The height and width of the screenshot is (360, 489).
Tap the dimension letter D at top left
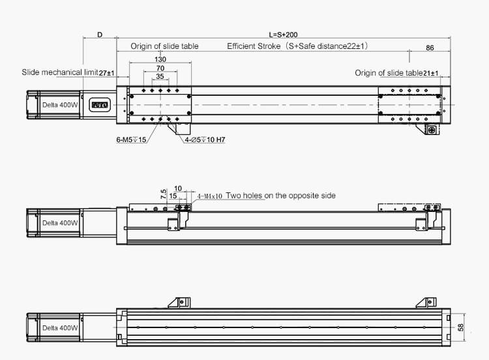point(100,34)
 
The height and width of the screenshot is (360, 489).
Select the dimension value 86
point(430,48)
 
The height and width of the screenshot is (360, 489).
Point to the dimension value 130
point(160,59)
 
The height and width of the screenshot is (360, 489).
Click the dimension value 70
point(160,68)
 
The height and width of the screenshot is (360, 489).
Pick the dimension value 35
point(160,76)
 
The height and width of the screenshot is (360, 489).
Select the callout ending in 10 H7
point(205,140)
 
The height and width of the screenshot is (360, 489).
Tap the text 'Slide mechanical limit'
point(60,72)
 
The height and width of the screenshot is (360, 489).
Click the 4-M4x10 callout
point(210,196)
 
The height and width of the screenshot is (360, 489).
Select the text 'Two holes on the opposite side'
point(281,196)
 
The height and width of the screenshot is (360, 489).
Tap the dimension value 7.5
point(163,194)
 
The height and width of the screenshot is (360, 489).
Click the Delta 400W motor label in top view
point(60,105)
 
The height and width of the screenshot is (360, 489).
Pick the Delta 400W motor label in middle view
point(60,223)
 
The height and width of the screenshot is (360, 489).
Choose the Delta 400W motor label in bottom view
point(60,328)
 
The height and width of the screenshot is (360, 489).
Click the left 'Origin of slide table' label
point(164,46)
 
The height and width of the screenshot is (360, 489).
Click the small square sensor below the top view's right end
point(431,130)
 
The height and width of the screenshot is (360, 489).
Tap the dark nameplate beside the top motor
point(100,104)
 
